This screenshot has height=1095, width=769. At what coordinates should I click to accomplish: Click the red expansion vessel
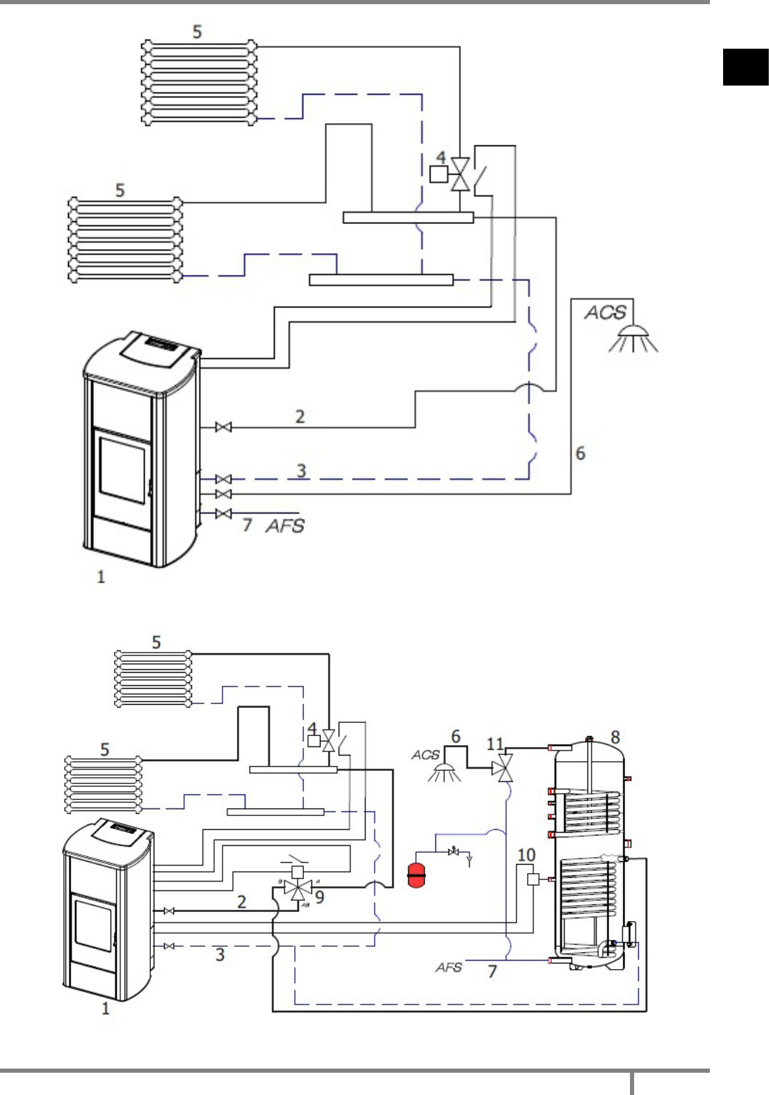pos(416,874)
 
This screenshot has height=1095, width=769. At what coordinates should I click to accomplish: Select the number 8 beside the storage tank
pos(615,737)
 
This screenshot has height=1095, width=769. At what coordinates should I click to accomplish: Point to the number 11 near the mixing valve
pos(494,744)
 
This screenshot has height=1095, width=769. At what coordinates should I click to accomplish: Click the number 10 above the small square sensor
pos(526,854)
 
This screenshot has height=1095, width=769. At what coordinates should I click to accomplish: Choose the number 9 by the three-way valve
pos(319,897)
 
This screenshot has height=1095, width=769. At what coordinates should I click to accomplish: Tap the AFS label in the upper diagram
pos(285,525)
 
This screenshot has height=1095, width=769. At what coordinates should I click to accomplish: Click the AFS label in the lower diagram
pos(448,967)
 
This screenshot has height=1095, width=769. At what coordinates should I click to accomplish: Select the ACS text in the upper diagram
pos(605,312)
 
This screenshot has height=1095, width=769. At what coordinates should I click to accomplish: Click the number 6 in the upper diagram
pos(580,453)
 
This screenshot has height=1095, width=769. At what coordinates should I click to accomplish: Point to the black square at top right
pos(745,67)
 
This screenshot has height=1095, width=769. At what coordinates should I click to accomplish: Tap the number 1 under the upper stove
pos(101,576)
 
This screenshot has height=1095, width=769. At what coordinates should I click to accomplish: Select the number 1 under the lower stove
pos(106,1008)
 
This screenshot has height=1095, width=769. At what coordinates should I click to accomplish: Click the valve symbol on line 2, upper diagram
pos(223,427)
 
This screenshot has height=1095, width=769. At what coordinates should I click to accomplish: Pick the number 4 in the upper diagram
pos(441,157)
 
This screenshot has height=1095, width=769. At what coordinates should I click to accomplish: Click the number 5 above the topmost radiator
pos(197,31)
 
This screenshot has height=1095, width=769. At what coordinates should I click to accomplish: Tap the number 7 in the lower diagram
pos(492,971)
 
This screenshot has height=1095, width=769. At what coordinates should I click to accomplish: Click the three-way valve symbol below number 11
pos(503,769)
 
